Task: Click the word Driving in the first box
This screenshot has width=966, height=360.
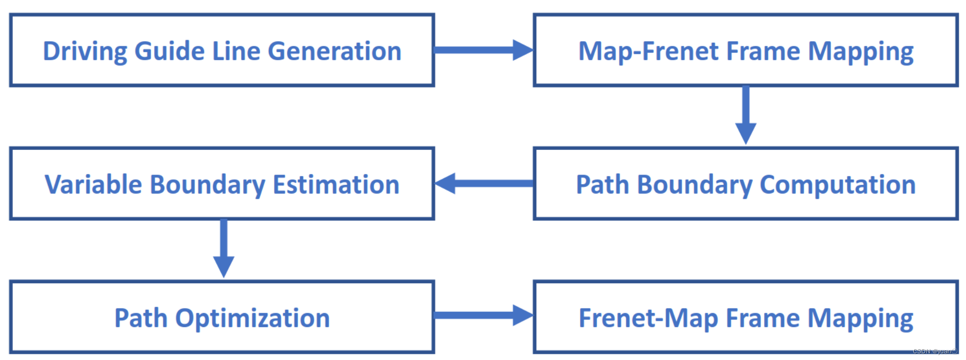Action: (x=83, y=52)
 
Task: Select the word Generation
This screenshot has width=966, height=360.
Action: (x=334, y=52)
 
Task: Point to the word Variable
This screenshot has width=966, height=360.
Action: (x=93, y=184)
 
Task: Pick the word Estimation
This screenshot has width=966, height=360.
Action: (x=336, y=184)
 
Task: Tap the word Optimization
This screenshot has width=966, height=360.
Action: (x=252, y=318)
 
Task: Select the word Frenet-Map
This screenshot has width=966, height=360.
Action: (x=648, y=318)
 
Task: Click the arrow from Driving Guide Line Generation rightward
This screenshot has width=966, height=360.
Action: (x=483, y=50)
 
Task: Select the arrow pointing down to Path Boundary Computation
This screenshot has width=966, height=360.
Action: (x=745, y=115)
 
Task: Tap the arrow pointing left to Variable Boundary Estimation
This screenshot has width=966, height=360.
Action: (x=483, y=183)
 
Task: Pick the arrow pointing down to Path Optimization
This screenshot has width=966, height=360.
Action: (x=224, y=248)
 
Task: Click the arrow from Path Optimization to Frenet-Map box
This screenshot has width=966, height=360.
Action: (x=483, y=315)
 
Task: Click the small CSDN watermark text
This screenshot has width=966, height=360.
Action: (x=935, y=351)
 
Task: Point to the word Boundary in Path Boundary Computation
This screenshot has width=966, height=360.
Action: (x=694, y=184)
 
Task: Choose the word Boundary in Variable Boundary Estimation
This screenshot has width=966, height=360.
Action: (x=207, y=184)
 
